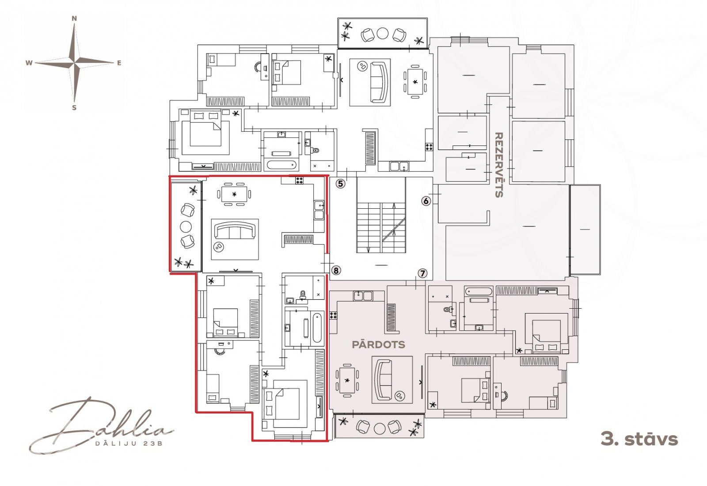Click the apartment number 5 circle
pos(340,184)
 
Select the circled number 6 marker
pos(426,201)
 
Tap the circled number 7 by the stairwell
pos(422,273)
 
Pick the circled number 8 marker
pos(336,271)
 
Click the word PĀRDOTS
pos(378,344)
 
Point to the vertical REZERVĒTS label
pos(499,165)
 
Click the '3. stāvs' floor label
pos(639,439)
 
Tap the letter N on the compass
pos(74,19)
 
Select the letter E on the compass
pos(119,63)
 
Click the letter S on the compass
pos(74,108)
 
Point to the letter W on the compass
pos(29,63)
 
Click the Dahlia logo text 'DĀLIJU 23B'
pos(129,444)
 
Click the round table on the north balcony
pos(383,34)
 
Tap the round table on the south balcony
pos(379,429)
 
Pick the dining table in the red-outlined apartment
pos(234,194)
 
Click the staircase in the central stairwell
pos(381,228)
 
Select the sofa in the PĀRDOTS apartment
pos(383,379)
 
